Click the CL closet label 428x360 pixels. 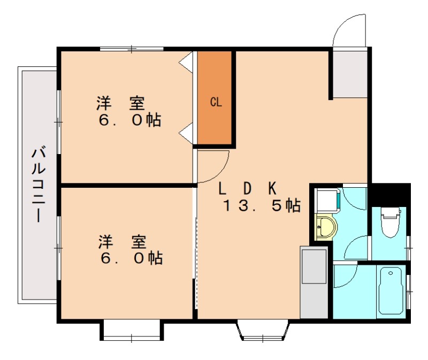click(216, 102)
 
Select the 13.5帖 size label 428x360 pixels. click(262, 205)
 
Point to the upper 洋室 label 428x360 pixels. click(121, 102)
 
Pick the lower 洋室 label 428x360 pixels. click(123, 242)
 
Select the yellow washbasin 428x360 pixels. click(324, 227)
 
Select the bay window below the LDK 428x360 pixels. click(262, 330)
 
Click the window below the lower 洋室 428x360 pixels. click(132, 331)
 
